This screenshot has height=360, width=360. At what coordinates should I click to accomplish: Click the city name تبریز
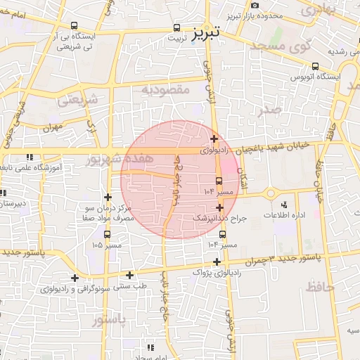[206, 32]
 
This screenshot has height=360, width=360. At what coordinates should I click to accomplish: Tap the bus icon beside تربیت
[177, 30]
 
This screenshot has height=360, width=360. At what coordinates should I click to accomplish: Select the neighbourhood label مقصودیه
[165, 89]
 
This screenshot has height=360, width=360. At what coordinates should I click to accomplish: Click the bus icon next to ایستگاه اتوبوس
[314, 67]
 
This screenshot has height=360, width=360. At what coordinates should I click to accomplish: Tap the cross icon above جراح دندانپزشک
[220, 207]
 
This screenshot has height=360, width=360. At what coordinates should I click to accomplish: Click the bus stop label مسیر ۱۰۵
[106, 245]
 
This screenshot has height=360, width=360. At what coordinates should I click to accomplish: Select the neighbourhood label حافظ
[319, 285]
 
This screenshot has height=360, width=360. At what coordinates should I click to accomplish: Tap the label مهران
[52, 127]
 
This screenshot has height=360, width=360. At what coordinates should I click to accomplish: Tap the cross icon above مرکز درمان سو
[107, 198]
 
